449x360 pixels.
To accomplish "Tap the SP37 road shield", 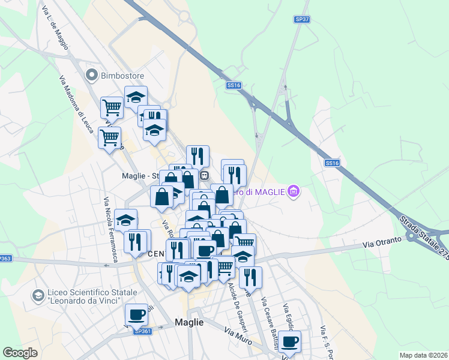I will point(302,19).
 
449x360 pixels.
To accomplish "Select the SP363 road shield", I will point(5,258).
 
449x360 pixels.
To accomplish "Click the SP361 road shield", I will point(142,331).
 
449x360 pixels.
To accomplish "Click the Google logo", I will point(20,353).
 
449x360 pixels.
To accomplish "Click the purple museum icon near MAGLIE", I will point(294,192).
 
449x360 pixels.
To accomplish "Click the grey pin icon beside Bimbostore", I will point(92,75).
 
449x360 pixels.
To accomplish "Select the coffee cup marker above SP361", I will point(136,314).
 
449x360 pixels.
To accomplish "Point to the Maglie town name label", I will point(189,322).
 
